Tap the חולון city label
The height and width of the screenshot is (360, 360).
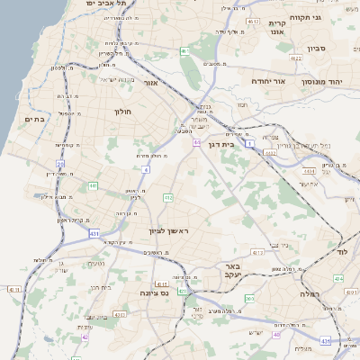[123, 112]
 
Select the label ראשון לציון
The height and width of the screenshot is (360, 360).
[171, 231]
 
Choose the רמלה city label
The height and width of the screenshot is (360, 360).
[311, 292]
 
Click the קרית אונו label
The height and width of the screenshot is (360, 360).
[276, 27]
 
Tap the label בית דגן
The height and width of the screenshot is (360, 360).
[233, 142]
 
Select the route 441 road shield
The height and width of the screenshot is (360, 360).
[94, 185]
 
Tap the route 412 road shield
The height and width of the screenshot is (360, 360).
[167, 196]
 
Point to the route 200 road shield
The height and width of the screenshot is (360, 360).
[249, 298]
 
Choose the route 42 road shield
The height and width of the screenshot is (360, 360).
[85, 338]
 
